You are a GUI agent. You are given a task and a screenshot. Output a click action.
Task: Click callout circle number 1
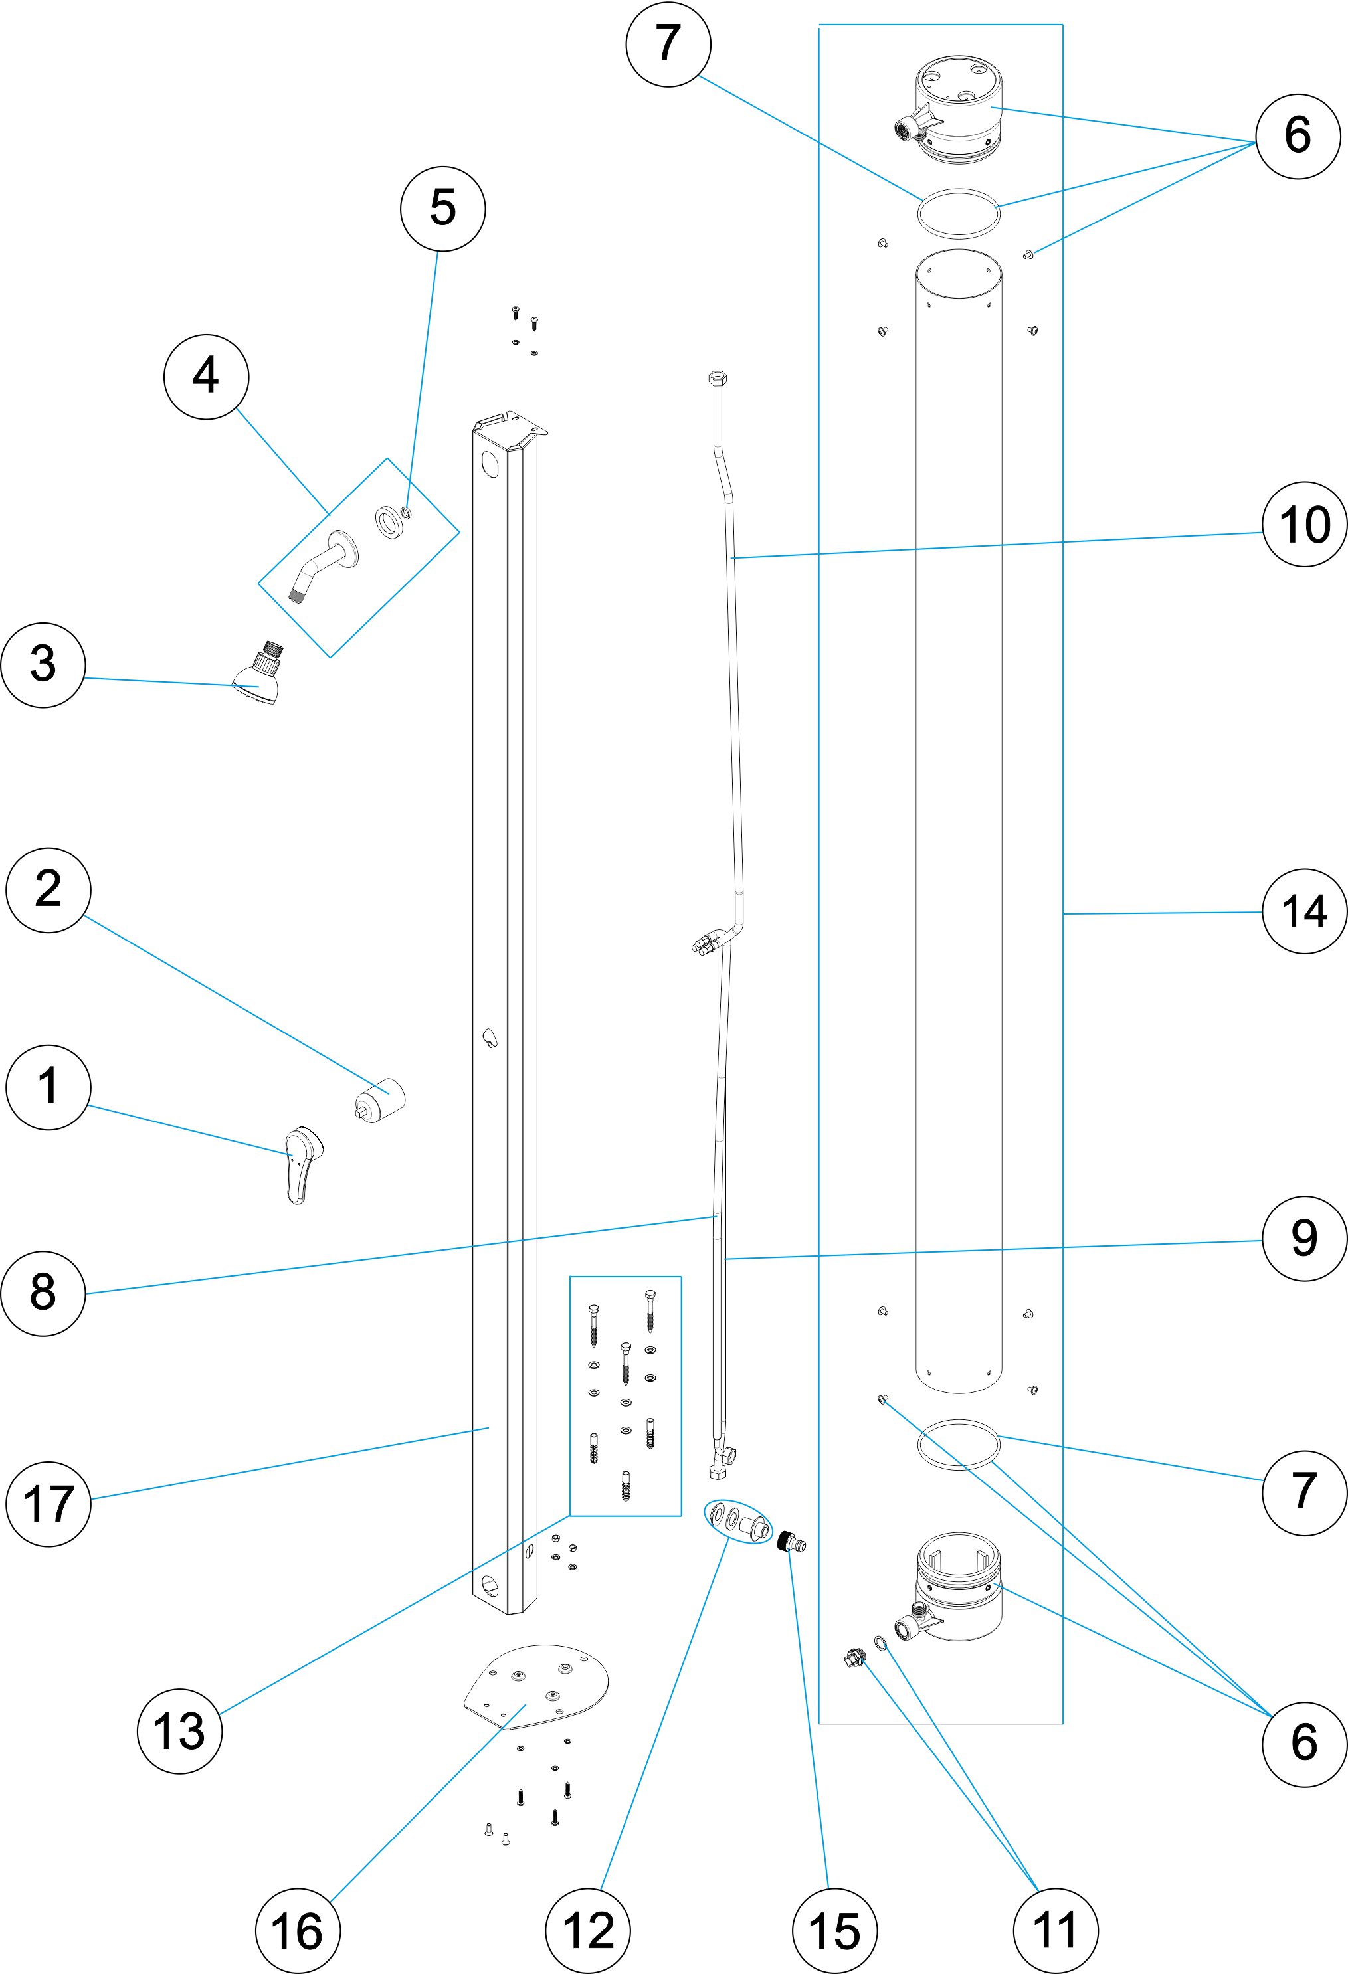(48, 1087)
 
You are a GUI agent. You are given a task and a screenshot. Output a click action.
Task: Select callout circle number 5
(442, 208)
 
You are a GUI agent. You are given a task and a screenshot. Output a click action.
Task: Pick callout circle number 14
(1305, 911)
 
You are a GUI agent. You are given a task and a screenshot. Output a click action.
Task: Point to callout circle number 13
(179, 1730)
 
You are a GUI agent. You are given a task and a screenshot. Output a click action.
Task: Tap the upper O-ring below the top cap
(958, 213)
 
